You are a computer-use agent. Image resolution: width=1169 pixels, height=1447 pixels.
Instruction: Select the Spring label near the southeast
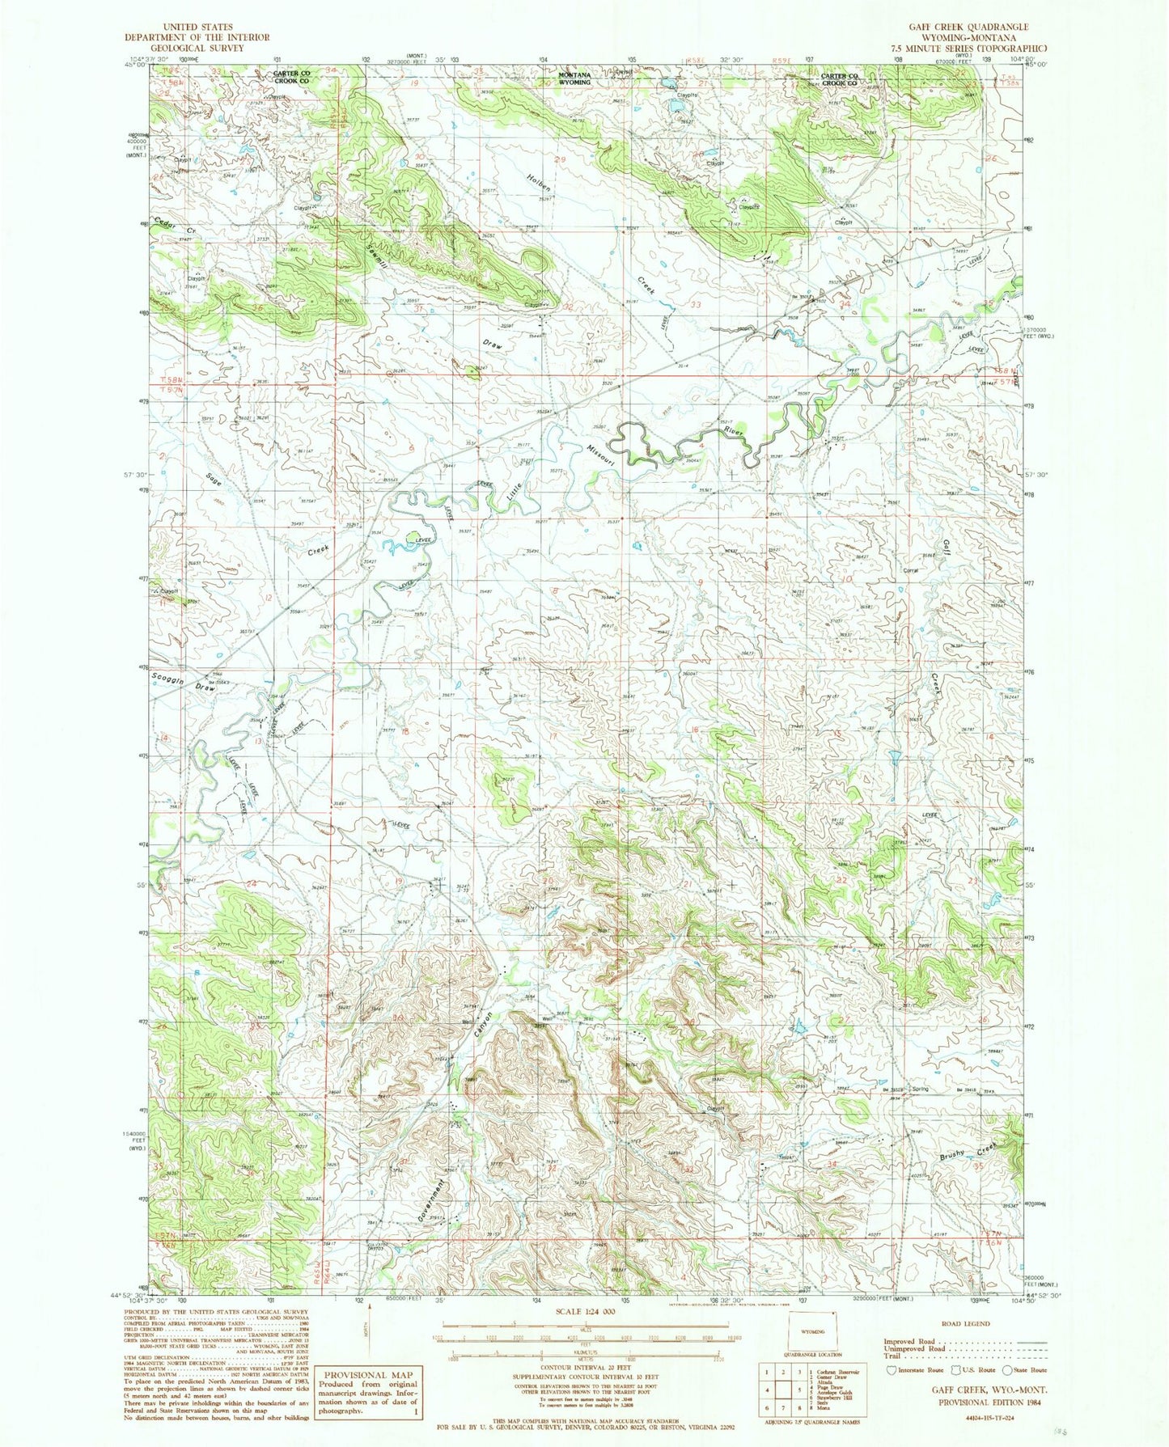pyautogui.click(x=919, y=1089)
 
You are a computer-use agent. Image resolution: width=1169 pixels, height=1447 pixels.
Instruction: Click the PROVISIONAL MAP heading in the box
pyautogui.click(x=369, y=1375)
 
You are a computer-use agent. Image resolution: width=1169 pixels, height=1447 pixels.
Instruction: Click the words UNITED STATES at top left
pyautogui.click(x=197, y=27)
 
